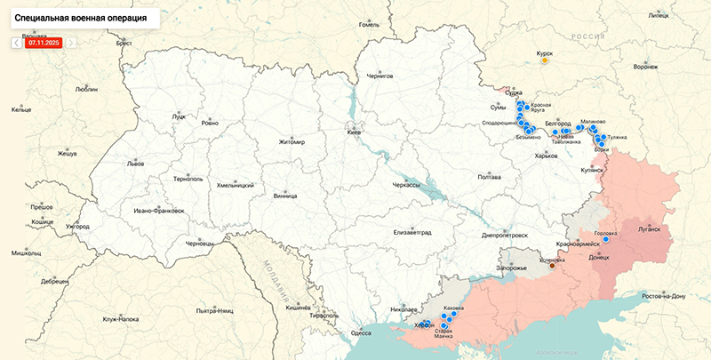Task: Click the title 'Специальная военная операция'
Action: coord(80,18)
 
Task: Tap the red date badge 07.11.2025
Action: coord(44,42)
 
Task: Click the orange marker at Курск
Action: coord(545,60)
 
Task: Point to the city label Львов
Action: coord(110,164)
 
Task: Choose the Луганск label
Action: coord(650,228)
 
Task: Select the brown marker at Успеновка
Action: coord(552,265)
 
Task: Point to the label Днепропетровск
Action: coord(504,236)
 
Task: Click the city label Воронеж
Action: coord(647,67)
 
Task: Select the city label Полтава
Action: coord(490,177)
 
